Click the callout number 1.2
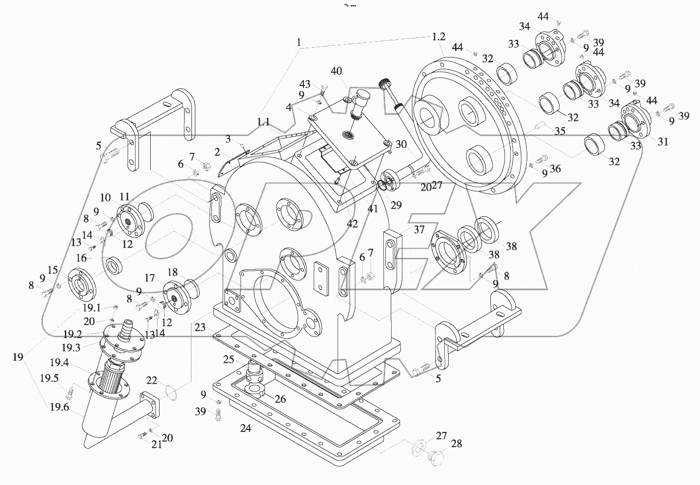[438, 36]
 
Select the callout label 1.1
[263, 122]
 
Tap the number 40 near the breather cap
[336, 71]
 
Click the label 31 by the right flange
[663, 142]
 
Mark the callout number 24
[245, 428]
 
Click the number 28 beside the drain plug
[456, 444]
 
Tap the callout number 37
[419, 230]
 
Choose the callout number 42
[352, 224]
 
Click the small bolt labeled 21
[142, 435]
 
